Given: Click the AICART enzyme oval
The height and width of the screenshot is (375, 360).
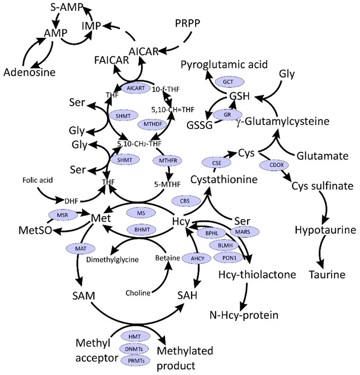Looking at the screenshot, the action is pos(136,88).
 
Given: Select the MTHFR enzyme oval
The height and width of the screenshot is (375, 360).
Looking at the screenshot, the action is pos(168,160).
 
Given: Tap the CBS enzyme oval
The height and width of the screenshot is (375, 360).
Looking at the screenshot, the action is pos(185,201).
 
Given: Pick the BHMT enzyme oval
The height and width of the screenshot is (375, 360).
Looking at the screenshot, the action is pos(142,230).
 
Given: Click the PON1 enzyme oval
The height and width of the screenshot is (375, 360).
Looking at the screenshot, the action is pos(229,258).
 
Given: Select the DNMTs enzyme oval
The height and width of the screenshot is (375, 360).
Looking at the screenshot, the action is pos(134,349).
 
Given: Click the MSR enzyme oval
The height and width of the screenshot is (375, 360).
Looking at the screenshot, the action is pos(63,215).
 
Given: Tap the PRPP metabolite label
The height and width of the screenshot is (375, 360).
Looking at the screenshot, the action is pos(187,23).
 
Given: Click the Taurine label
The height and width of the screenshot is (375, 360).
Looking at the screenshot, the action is pos(327,274).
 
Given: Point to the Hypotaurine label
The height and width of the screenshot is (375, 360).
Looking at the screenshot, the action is pos(325,230).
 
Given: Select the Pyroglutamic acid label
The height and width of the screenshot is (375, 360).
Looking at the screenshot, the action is pos(224,65).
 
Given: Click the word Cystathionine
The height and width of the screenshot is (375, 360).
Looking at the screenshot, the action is pos(224,179).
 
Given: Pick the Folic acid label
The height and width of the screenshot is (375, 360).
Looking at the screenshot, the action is pos(37,180).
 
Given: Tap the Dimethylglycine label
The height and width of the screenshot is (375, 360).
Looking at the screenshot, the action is pos(113,259).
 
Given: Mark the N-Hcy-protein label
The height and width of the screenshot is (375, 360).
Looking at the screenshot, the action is pos(244,315).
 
